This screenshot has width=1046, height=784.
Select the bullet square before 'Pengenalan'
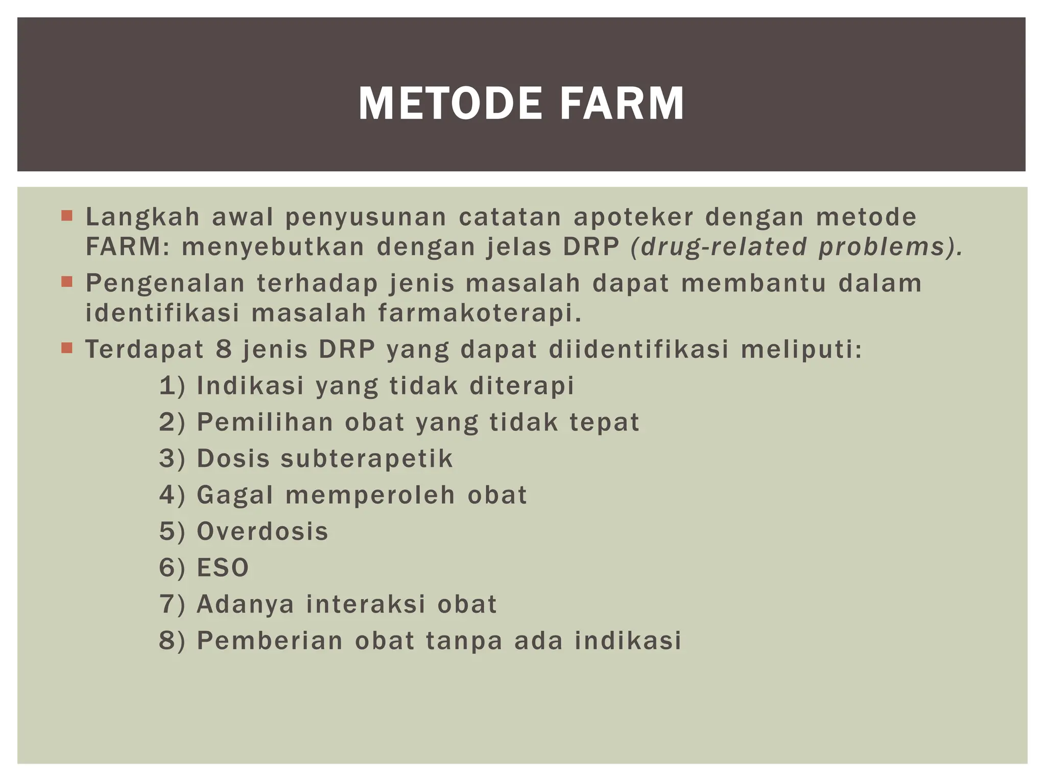67,282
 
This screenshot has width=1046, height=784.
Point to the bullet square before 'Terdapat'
67,348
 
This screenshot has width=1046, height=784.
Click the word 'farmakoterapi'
480,313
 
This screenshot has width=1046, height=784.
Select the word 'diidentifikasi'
638,350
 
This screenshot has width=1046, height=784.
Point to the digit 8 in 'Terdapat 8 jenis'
224,350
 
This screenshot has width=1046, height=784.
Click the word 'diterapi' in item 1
522,386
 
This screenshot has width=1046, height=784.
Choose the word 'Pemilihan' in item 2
265,423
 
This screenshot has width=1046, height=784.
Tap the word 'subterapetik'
367,458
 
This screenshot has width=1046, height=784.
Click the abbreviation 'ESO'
223,568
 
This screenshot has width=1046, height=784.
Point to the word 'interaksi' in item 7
366,604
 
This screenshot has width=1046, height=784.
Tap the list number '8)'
172,641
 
